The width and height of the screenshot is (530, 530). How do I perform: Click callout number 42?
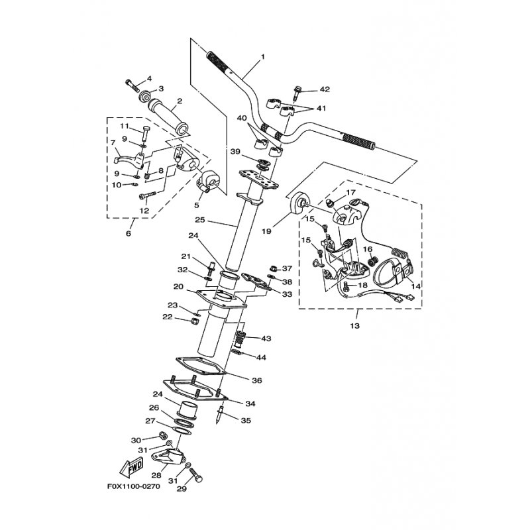tap(325, 89)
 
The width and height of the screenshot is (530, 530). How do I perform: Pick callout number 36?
tap(257, 380)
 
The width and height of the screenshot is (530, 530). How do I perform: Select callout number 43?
tap(266, 339)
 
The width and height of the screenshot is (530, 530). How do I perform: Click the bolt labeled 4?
tap(131, 85)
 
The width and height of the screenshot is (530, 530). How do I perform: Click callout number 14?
tap(416, 286)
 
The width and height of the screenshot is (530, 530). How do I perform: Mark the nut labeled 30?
tap(161, 437)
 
